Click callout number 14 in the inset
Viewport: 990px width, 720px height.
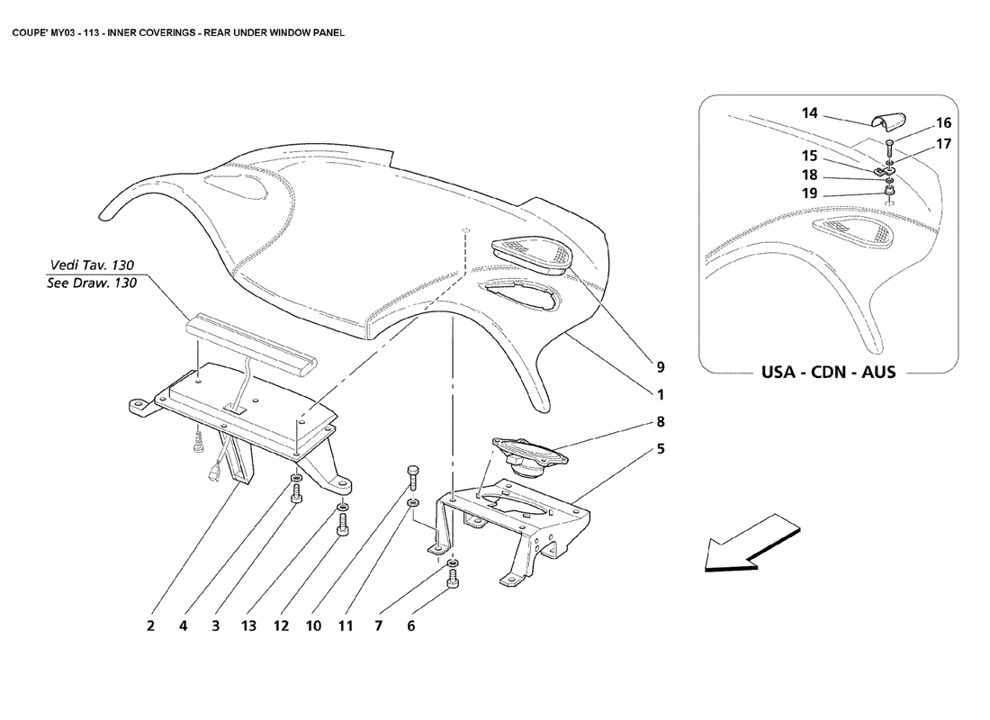point(809,113)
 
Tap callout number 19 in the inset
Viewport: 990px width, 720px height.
point(809,193)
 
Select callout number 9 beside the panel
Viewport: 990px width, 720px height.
point(661,367)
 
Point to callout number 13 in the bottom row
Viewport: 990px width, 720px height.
point(248,625)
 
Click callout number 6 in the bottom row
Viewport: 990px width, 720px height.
point(411,625)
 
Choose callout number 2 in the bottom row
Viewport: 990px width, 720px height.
point(150,625)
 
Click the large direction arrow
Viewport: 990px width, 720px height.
point(751,543)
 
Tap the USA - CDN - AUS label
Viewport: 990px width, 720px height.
point(828,372)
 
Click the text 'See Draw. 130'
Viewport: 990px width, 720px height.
point(92,283)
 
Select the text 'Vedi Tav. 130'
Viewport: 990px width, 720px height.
point(92,265)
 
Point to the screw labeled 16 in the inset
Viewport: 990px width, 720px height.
point(889,149)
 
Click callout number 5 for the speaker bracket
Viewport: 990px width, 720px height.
point(661,449)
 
